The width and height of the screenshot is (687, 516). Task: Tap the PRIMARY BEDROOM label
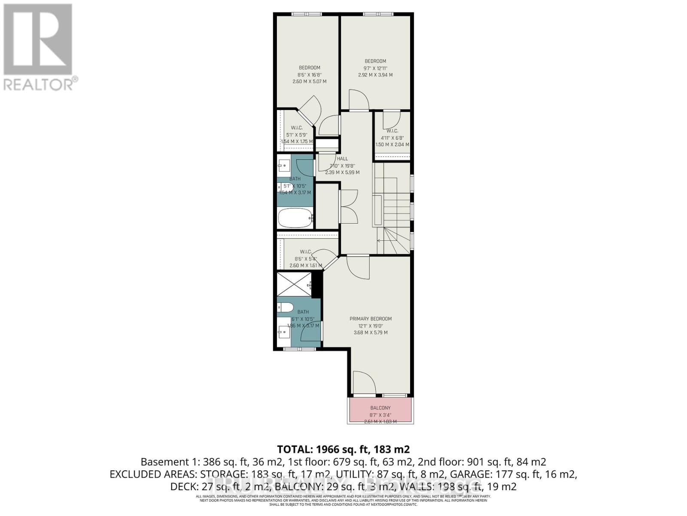[x=371, y=319]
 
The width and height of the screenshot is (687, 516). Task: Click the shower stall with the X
[x=294, y=284]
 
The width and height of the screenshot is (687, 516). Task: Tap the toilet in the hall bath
[x=286, y=187]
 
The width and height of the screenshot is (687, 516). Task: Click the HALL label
[x=342, y=159]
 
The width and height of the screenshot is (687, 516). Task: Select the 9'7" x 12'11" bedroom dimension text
[x=375, y=68]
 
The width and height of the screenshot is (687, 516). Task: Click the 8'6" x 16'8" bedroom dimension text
[x=309, y=74]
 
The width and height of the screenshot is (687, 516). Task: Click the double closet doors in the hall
[x=348, y=206]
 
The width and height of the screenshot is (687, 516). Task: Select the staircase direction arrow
[x=380, y=240]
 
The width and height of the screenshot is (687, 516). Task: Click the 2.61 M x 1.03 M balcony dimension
[x=380, y=422]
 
